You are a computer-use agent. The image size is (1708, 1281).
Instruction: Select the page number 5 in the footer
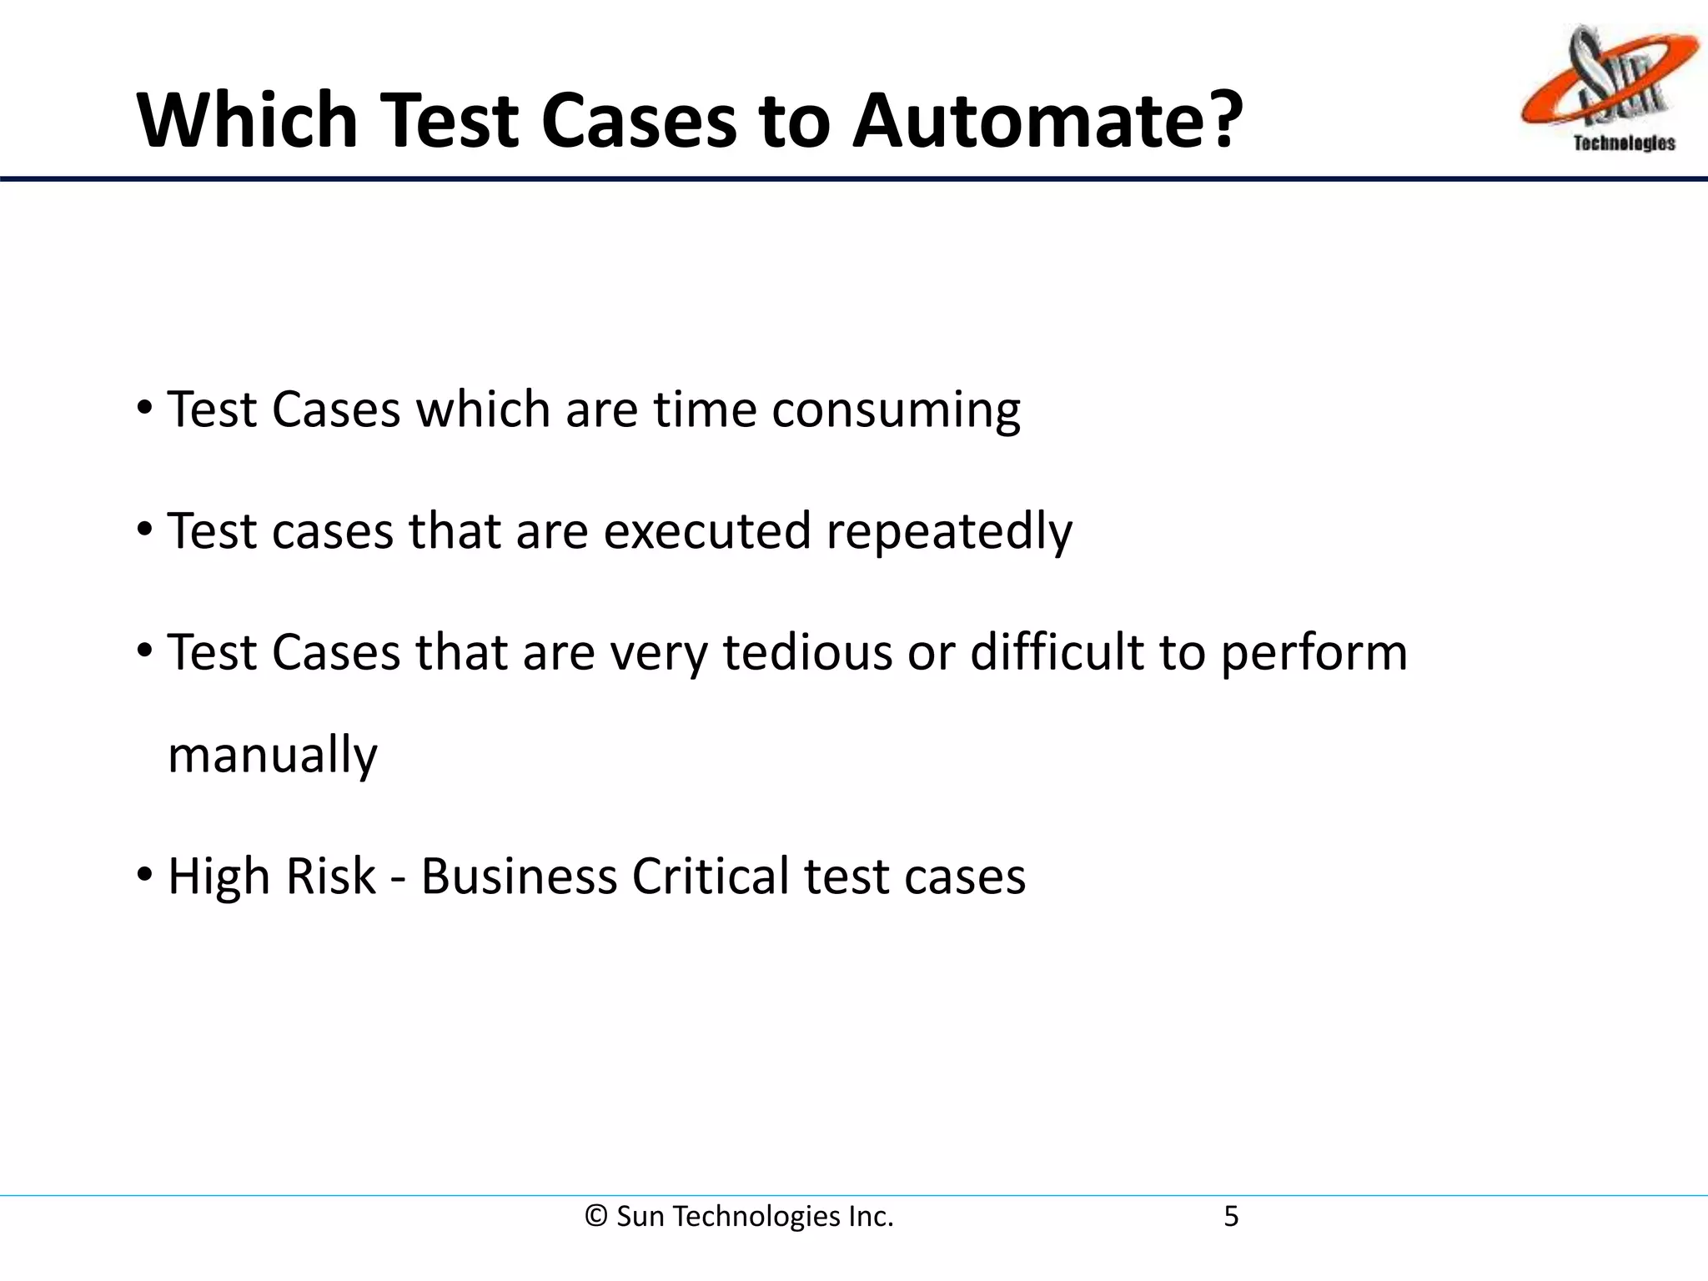click(x=1231, y=1217)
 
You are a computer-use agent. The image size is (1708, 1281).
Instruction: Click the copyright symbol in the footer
click(x=595, y=1217)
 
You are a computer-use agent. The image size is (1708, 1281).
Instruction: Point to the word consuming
click(x=896, y=410)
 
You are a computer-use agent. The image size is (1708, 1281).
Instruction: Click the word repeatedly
click(x=949, y=531)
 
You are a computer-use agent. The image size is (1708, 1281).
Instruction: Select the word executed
click(x=706, y=531)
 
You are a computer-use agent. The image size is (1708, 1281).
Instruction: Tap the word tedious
click(x=807, y=652)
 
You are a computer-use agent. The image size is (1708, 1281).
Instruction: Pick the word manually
click(x=273, y=756)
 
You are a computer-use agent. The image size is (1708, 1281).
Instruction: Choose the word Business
click(x=518, y=877)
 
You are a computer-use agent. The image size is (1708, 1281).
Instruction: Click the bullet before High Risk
click(x=144, y=877)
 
